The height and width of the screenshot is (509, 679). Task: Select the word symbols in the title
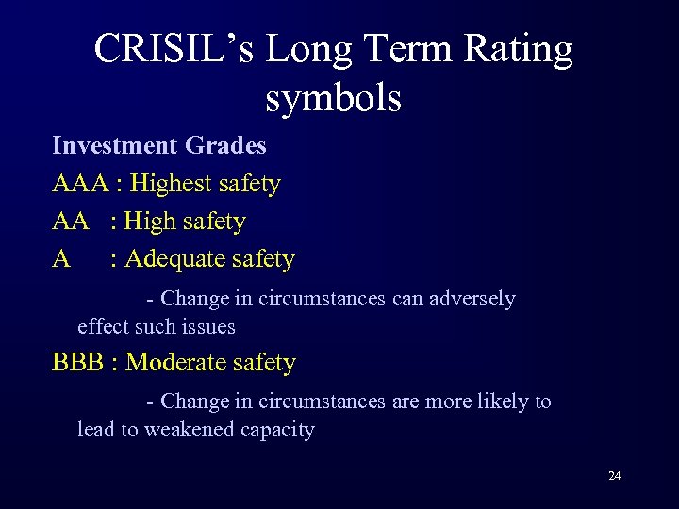333,97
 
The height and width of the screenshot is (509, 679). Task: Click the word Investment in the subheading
115,146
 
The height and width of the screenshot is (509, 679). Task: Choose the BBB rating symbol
77,363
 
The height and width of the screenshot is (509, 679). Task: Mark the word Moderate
176,363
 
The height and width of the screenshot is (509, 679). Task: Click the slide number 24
615,476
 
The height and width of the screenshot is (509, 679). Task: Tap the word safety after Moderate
265,363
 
